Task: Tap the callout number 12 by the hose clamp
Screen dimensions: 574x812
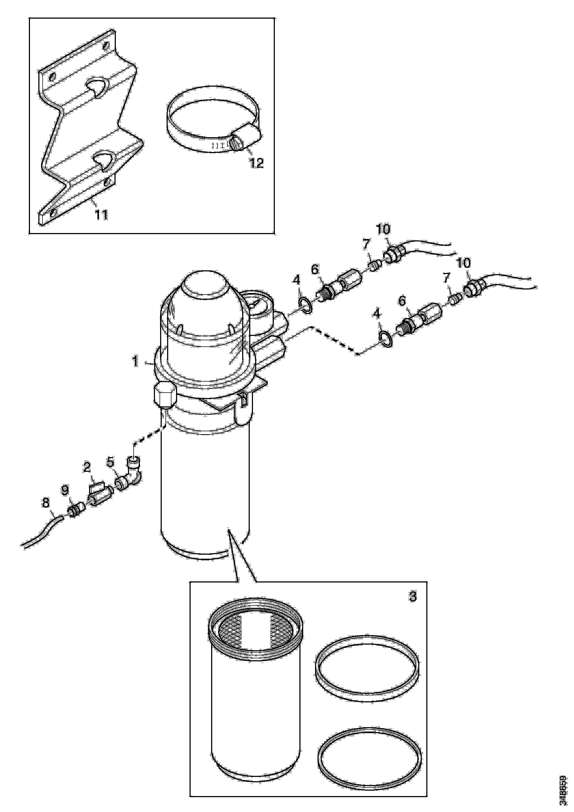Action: (257, 163)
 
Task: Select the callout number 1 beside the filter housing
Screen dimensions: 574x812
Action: (136, 362)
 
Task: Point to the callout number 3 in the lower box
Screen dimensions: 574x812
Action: (413, 597)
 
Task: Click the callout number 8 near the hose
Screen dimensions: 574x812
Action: (46, 503)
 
